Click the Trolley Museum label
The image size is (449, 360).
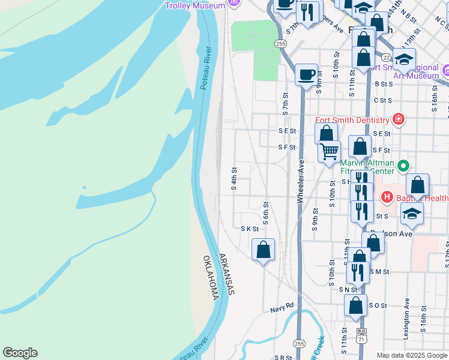pyautogui.click(x=195, y=5)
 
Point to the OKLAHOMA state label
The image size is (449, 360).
pyautogui.click(x=210, y=278)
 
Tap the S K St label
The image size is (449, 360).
pyautogui.click(x=249, y=229)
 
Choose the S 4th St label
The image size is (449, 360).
pyautogui.click(x=234, y=179)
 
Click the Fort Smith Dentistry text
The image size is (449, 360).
pyautogui.click(x=352, y=119)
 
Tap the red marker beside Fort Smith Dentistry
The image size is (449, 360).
pyautogui.click(x=398, y=119)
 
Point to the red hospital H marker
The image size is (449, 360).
pyautogui.click(x=387, y=197)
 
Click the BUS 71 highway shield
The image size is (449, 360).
pyautogui.click(x=361, y=334)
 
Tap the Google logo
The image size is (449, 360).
pyautogui.click(x=20, y=353)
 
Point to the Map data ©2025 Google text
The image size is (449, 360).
pyautogui.click(x=411, y=355)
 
